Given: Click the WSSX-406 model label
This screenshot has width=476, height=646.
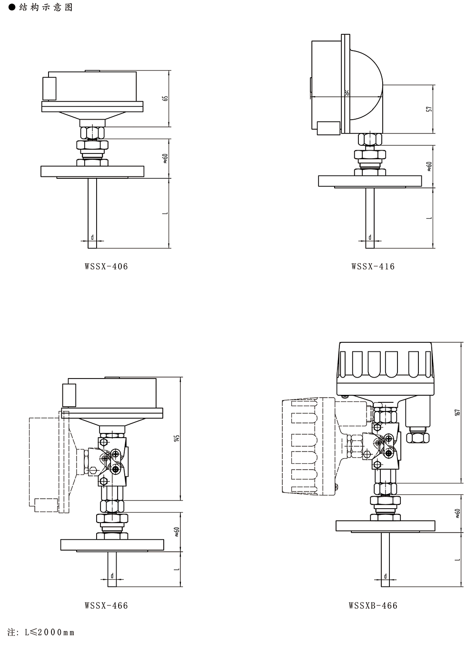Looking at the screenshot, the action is click(106, 266).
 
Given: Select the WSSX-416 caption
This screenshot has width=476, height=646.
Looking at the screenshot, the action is click(373, 266).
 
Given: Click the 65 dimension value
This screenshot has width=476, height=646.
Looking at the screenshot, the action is click(165, 98).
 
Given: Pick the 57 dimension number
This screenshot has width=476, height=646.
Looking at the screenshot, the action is click(429, 109).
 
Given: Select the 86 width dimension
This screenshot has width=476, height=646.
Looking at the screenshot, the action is click(347, 93).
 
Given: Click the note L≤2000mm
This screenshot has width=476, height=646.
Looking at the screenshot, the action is click(41, 632).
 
